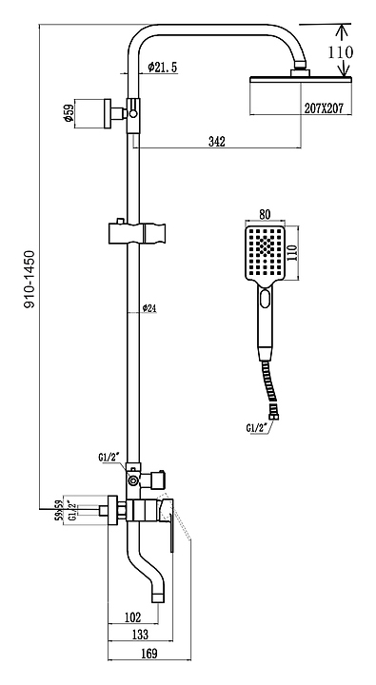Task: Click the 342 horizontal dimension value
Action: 217,141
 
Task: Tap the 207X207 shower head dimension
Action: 324,108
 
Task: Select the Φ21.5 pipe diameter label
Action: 162,67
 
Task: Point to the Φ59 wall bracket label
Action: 69,113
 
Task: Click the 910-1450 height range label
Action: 29,280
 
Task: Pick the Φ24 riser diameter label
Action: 149,308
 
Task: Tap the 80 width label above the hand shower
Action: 265,214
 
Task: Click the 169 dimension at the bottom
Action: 149,654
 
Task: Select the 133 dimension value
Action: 140,634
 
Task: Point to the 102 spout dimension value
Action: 133,616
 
